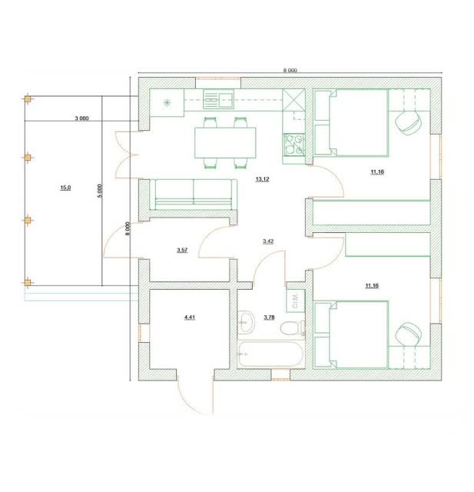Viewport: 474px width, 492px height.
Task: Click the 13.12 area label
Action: [x=262, y=179]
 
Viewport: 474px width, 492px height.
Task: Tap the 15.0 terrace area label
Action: [x=65, y=188]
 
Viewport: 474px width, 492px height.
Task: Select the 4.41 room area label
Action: [x=190, y=317]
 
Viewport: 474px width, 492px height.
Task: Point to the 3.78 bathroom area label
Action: [x=269, y=317]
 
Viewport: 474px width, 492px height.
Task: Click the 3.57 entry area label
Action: [x=182, y=250]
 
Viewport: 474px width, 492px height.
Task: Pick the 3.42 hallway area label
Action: [x=268, y=241]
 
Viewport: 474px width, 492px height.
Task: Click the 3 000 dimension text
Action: [x=81, y=118]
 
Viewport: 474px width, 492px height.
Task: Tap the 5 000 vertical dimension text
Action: [x=100, y=191]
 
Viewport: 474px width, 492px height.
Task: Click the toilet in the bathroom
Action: [x=292, y=328]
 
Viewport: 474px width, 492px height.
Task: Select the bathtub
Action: [x=271, y=354]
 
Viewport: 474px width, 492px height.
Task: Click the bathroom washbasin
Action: [x=246, y=322]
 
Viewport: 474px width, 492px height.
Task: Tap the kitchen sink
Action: [x=218, y=99]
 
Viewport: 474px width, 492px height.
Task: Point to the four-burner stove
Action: [x=293, y=145]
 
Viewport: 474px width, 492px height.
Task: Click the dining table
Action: [x=225, y=143]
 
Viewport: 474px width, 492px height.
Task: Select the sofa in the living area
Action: [x=194, y=194]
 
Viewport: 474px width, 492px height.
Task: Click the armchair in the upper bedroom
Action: [x=408, y=122]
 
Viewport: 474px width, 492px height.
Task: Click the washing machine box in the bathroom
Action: [x=296, y=301]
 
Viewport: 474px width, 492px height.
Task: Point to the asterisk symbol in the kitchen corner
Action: [x=167, y=102]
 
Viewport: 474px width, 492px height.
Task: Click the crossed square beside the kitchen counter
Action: [x=293, y=100]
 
